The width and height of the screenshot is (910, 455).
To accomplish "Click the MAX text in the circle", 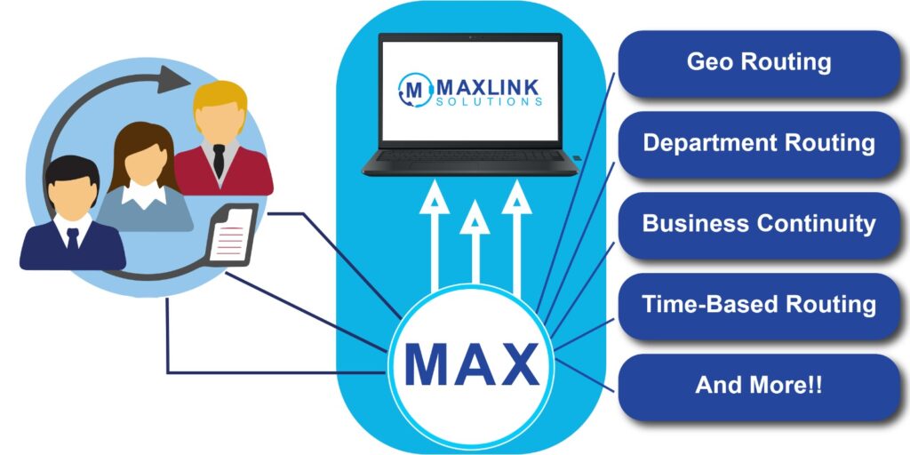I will point(471,363).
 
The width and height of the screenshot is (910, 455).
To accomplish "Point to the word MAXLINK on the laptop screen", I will point(487,87).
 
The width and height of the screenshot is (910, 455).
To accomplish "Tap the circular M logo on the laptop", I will point(413,91).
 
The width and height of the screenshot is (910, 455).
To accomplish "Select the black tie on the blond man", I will point(219,160).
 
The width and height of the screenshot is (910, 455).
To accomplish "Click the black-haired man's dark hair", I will point(70,169).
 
